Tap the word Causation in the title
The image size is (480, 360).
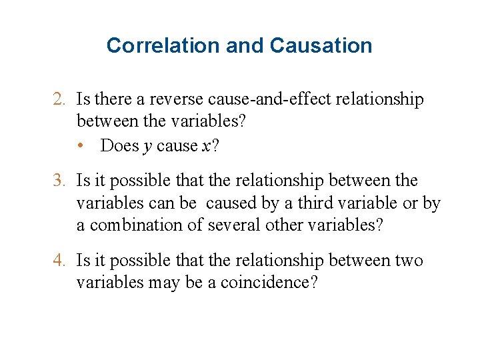(321, 45)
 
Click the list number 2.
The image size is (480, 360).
(59, 100)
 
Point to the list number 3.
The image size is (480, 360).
(59, 181)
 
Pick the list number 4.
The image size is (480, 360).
(59, 261)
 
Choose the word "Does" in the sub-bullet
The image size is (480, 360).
(120, 146)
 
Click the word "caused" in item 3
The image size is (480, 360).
(223, 203)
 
